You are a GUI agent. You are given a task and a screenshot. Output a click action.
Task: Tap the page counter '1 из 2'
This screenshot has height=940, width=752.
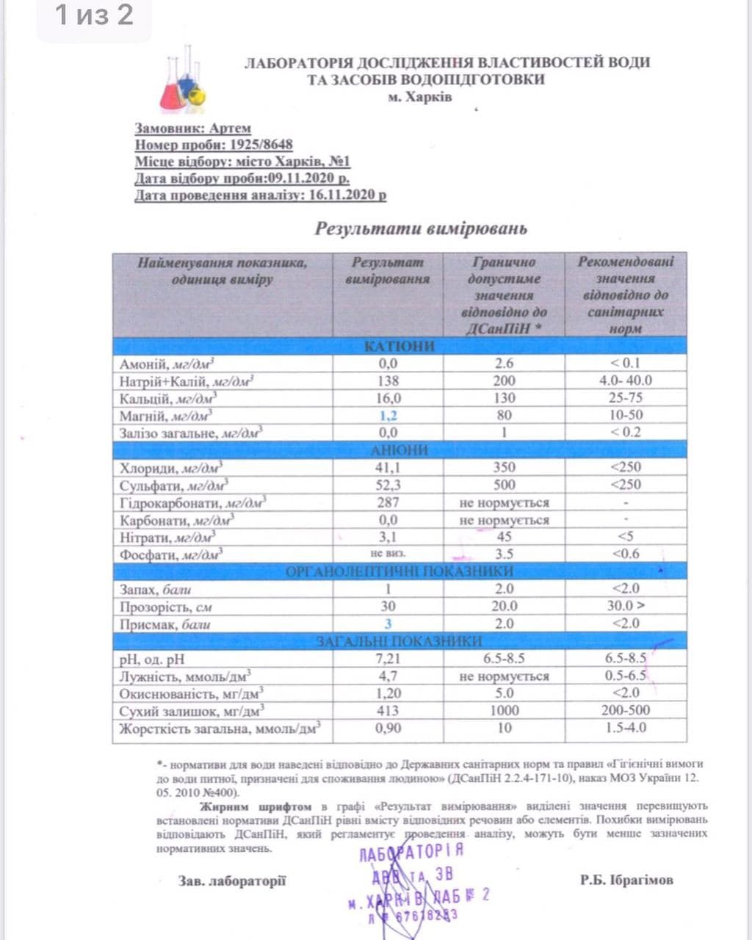point(95,15)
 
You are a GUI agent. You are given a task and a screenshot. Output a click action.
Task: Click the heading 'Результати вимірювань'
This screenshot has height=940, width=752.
point(421,228)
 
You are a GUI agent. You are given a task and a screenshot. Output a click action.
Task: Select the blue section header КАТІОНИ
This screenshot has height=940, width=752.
point(399,346)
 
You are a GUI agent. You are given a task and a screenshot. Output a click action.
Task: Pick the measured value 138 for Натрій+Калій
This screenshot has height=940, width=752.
point(388,380)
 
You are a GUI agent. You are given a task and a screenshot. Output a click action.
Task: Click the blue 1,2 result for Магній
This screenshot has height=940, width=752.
point(388,416)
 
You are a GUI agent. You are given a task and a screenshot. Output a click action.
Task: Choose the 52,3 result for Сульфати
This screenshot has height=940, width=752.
point(388,485)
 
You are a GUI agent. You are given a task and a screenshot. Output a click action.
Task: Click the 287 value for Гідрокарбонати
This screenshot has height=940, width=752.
point(388,502)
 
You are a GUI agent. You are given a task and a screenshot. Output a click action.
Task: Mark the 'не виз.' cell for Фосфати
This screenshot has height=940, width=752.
point(388,554)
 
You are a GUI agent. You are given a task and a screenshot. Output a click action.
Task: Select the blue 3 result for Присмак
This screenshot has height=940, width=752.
point(388,623)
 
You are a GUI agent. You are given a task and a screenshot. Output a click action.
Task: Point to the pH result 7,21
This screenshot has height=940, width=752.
point(388,658)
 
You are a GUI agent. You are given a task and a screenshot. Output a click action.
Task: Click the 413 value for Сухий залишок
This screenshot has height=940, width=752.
point(388,710)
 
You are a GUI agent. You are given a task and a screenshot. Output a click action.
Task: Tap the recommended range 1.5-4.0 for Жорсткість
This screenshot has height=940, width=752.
point(625,728)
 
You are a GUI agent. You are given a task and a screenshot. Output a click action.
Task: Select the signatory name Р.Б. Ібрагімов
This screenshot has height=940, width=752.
point(626,880)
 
